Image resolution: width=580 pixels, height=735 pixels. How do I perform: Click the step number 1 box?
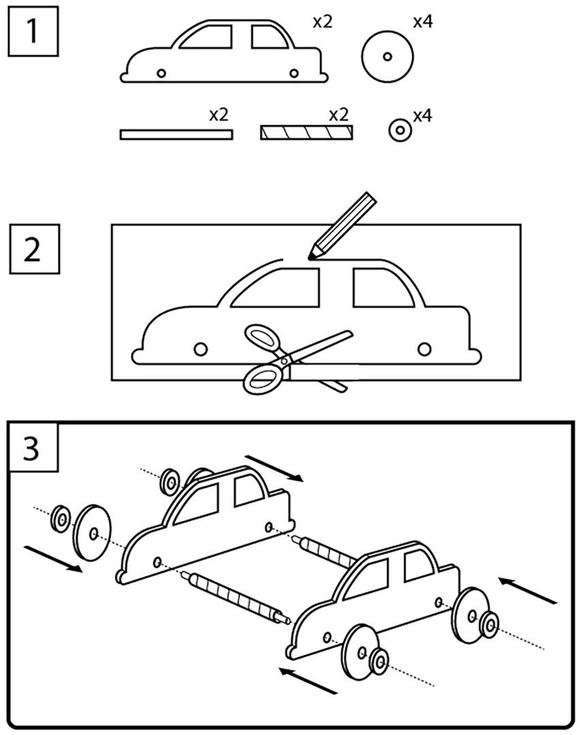32,32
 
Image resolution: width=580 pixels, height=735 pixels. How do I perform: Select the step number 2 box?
32,249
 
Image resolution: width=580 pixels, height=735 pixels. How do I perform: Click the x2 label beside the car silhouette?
322,22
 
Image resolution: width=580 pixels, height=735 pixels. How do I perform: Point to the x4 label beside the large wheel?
423,22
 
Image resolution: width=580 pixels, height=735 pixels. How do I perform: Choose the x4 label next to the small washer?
423,116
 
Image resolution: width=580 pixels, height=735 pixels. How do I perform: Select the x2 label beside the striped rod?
338,114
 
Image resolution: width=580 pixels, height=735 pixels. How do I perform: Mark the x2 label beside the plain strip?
218,114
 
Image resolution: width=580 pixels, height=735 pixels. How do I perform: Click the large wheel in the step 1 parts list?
387,57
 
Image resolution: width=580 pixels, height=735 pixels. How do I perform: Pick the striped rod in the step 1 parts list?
306,132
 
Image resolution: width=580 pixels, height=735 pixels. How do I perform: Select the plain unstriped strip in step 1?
176,134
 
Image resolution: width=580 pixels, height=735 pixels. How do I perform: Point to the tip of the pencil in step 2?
311,257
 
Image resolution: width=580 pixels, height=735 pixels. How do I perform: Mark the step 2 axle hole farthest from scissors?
424,349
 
